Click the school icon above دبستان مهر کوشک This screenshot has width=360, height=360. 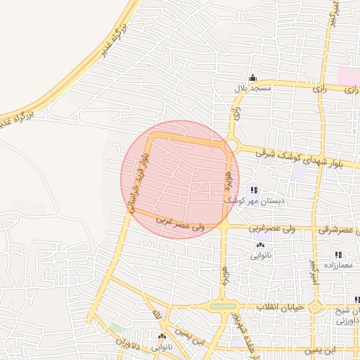[x=253, y=190]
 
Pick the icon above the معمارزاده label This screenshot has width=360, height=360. [x=338, y=255]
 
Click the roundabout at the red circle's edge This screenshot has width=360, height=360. [x=231, y=146]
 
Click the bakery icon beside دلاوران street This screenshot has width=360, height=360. [x=162, y=337]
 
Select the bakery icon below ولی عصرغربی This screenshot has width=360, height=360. [x=261, y=245]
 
